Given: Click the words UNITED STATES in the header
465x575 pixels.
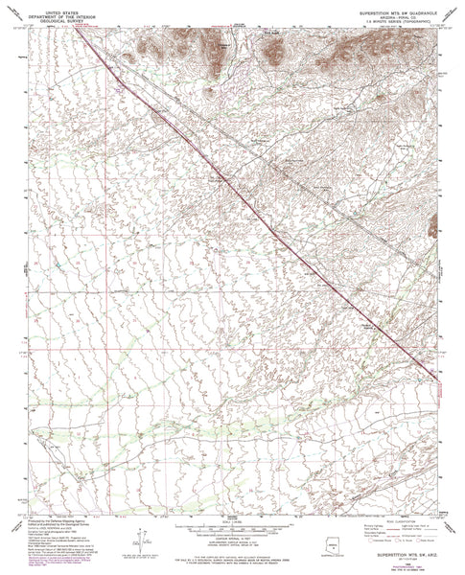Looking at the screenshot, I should point(55,6).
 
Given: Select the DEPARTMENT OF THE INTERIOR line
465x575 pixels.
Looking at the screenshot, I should point(55,11).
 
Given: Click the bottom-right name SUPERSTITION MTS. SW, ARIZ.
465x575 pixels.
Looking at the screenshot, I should point(398,553).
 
